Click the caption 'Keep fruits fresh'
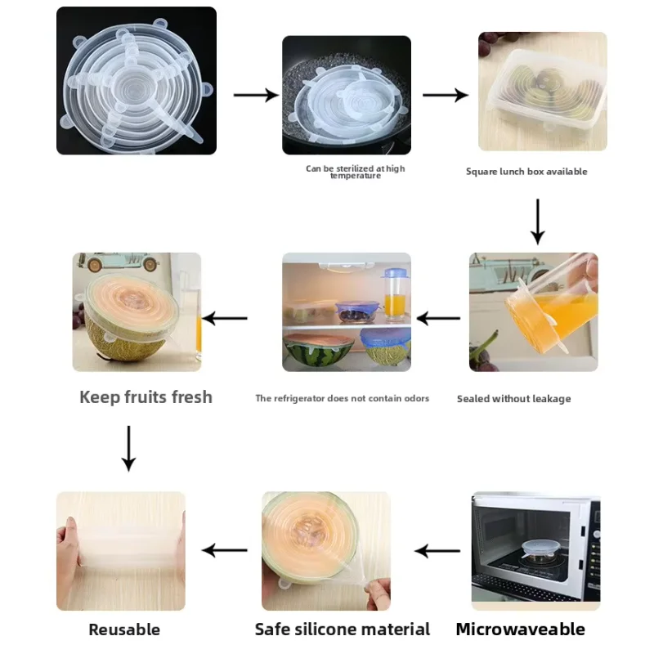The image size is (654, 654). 146,397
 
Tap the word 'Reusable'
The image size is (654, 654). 124,629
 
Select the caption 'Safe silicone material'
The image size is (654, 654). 342,629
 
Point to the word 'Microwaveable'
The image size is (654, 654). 520,629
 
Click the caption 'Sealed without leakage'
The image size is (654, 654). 513,399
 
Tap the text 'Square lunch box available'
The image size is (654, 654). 526,172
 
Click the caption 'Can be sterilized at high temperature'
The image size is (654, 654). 355,172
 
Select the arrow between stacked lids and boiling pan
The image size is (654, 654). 256,95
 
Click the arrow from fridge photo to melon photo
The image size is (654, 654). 225,318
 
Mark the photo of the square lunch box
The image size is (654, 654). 542,92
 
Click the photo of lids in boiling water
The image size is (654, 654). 347,95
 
